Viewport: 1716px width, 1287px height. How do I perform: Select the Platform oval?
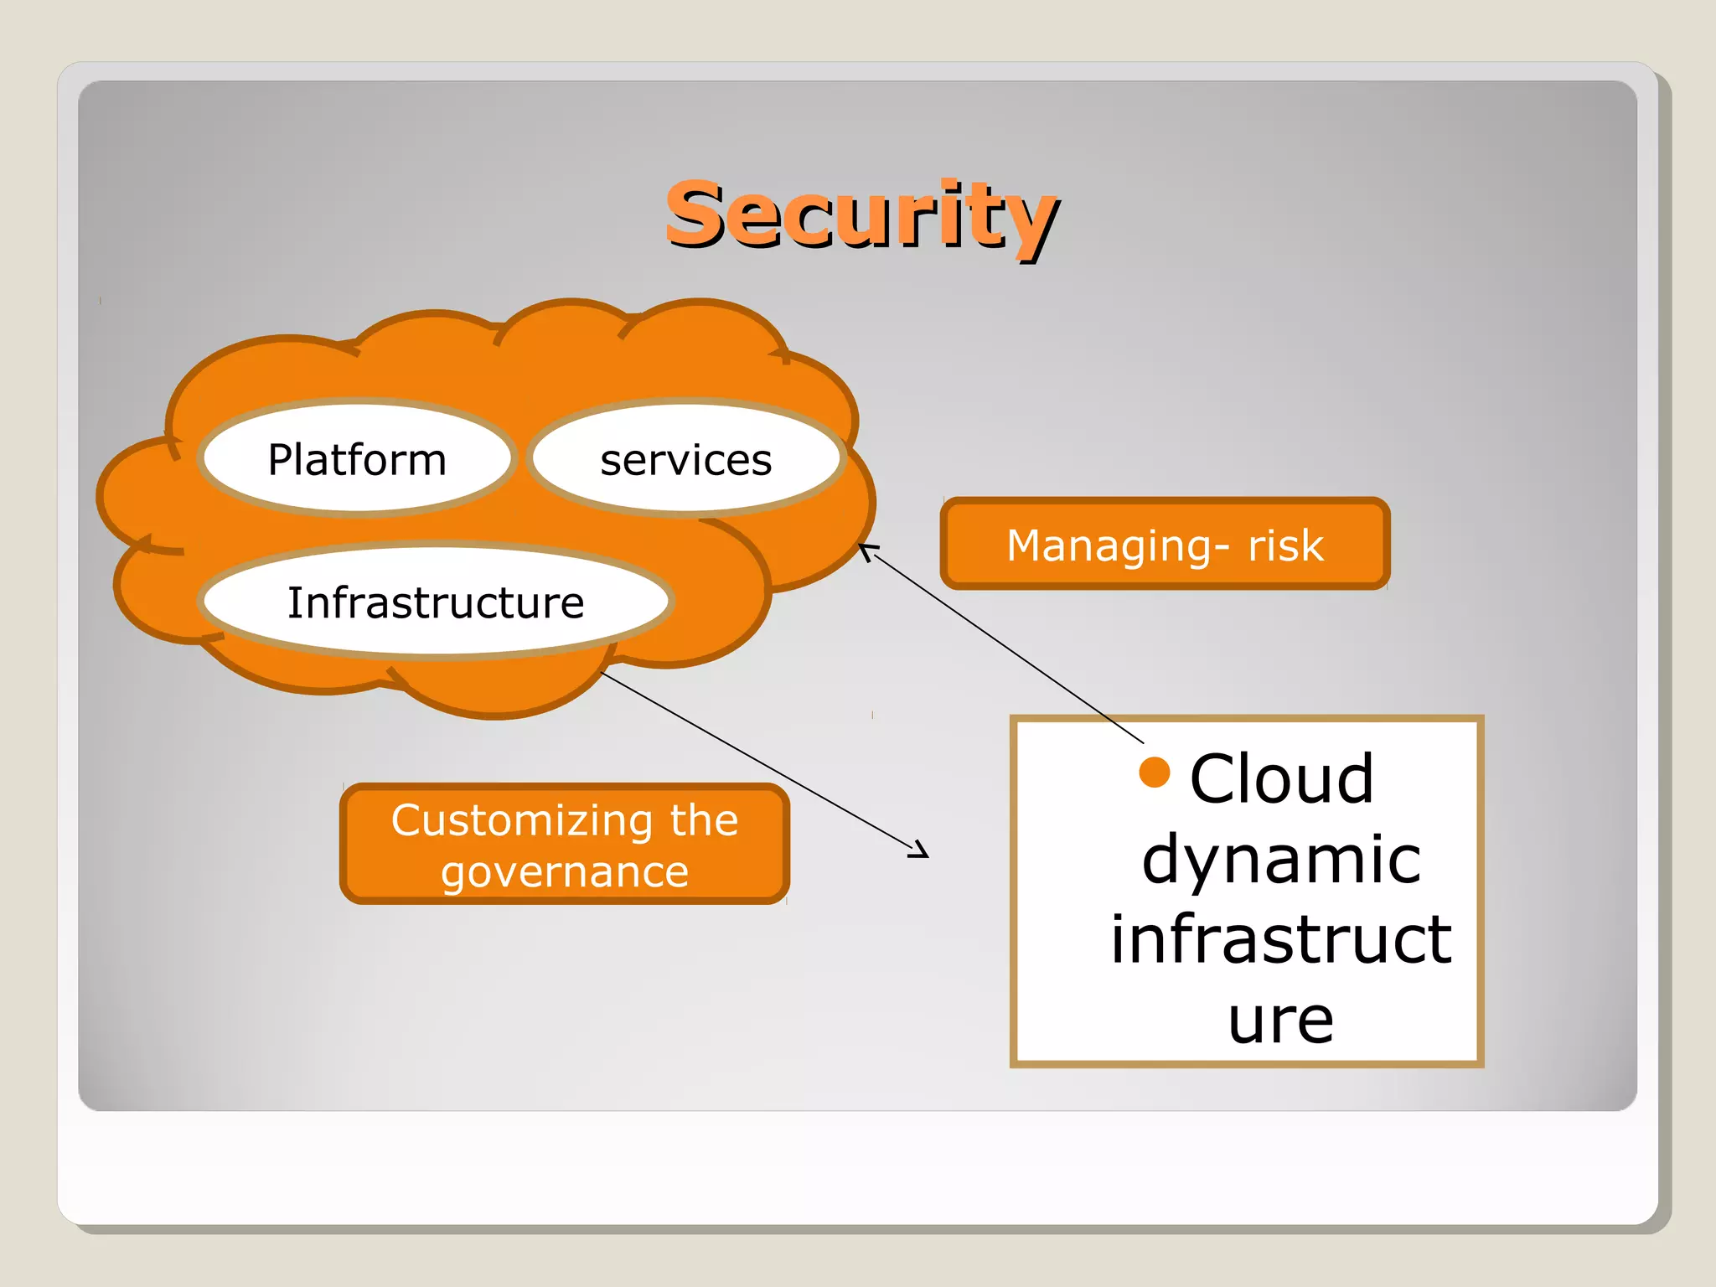coord(357,458)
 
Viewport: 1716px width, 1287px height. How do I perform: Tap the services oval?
coord(685,459)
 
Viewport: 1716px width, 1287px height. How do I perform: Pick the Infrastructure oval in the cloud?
coord(436,602)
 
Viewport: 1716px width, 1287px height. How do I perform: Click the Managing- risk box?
coord(1165,545)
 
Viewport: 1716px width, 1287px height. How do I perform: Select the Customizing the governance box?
coord(565,844)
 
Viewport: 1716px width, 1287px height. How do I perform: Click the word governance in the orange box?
coord(565,871)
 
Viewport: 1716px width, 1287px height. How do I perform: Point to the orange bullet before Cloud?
coord(1154,773)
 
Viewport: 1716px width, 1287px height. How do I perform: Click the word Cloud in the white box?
coord(1281,778)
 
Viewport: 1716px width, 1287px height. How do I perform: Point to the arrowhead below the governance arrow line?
coord(920,850)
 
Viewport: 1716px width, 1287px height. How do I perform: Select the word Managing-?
coord(1119,545)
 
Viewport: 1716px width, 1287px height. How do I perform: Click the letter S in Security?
coord(700,214)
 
